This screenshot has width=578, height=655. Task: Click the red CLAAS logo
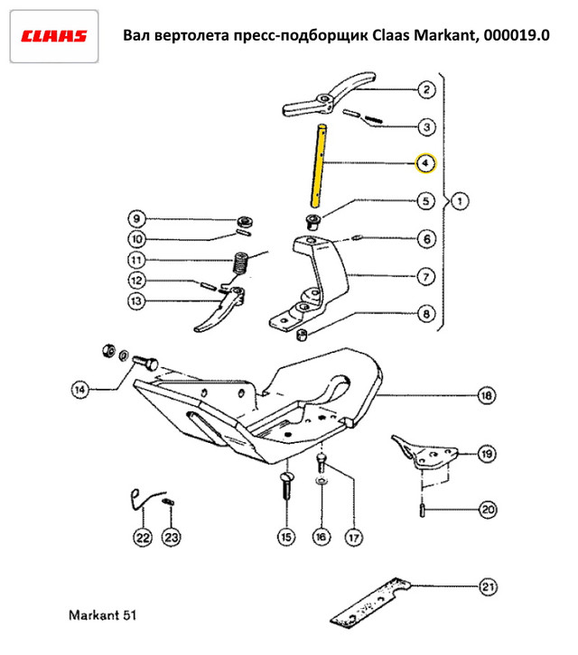[54, 36]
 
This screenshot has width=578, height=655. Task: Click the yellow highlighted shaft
[319, 165]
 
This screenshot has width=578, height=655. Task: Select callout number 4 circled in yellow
[425, 163]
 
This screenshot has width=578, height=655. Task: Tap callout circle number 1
[460, 201]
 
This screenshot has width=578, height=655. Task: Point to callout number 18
[487, 395]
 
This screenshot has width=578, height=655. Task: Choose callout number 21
[488, 587]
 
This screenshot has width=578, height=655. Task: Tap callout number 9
[136, 218]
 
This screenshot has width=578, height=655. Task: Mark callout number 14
[79, 390]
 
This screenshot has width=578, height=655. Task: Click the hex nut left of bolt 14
[108, 350]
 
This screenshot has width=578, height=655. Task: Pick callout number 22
[143, 537]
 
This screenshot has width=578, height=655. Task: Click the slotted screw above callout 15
[286, 485]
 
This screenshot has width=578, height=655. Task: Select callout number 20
[488, 510]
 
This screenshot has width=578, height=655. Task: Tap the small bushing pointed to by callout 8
[302, 335]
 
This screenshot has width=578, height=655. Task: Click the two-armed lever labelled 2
[329, 96]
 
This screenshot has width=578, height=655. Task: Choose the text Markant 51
[102, 615]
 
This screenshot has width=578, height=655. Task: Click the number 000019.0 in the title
[517, 35]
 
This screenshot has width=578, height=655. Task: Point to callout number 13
[136, 301]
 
